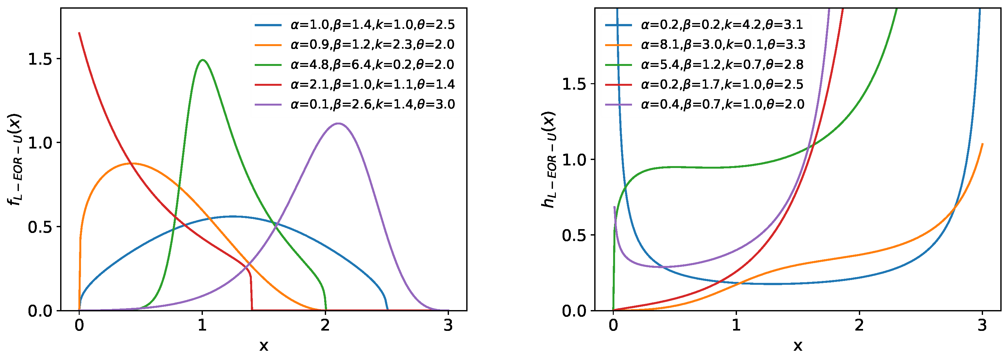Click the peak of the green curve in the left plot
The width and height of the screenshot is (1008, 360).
(202, 60)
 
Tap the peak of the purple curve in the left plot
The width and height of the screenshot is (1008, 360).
(339, 124)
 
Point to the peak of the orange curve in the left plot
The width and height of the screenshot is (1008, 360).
(133, 163)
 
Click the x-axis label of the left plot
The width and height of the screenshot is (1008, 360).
(264, 346)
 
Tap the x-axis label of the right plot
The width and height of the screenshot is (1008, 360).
(797, 346)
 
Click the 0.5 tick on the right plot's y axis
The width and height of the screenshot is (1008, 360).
(574, 235)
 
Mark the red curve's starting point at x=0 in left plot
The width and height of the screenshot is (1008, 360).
(79, 33)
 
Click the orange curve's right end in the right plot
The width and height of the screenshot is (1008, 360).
(982, 144)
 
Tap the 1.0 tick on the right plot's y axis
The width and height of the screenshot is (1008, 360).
(574, 160)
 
